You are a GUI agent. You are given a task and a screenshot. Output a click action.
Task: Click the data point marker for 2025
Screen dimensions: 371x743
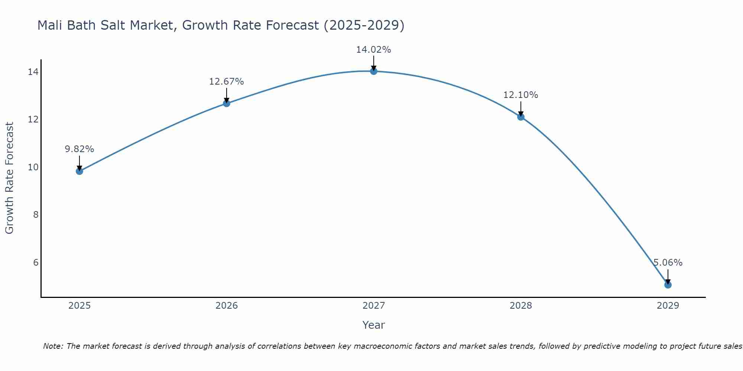[x=80, y=171]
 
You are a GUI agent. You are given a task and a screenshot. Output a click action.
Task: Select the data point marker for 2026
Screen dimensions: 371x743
[x=227, y=103]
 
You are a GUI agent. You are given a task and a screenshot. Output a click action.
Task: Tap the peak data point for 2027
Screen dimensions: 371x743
[x=374, y=71]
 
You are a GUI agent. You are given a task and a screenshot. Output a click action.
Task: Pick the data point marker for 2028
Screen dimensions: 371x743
[x=521, y=117]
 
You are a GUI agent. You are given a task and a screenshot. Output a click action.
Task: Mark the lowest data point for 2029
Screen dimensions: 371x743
[x=668, y=285]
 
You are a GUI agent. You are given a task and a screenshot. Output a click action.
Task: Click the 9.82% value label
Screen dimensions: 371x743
[x=80, y=149]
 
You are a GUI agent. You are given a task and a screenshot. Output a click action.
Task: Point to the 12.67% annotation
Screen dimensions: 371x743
[x=227, y=82]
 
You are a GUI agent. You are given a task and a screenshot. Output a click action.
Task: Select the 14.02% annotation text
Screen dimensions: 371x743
[x=374, y=50]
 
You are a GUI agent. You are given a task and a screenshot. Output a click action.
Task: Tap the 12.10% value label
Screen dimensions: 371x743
[x=521, y=95]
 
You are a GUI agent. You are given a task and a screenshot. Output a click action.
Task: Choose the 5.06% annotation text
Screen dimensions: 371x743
[x=668, y=263]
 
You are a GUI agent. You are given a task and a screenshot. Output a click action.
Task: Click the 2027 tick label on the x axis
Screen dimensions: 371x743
[x=374, y=306]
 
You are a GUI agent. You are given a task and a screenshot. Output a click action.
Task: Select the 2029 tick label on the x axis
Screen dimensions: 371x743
[x=668, y=306]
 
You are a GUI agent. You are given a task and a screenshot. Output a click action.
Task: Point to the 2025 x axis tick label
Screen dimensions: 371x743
[x=80, y=306]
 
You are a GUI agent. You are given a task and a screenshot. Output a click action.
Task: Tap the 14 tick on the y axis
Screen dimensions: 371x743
[x=33, y=72]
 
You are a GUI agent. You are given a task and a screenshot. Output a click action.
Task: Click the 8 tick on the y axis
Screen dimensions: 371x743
[x=36, y=215]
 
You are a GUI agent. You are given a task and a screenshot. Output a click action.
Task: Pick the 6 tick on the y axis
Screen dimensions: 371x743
[x=36, y=263]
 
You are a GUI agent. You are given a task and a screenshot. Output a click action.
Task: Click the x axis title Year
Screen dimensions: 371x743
[x=374, y=325]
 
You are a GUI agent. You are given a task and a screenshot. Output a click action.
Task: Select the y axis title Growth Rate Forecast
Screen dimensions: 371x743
[x=10, y=178]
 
